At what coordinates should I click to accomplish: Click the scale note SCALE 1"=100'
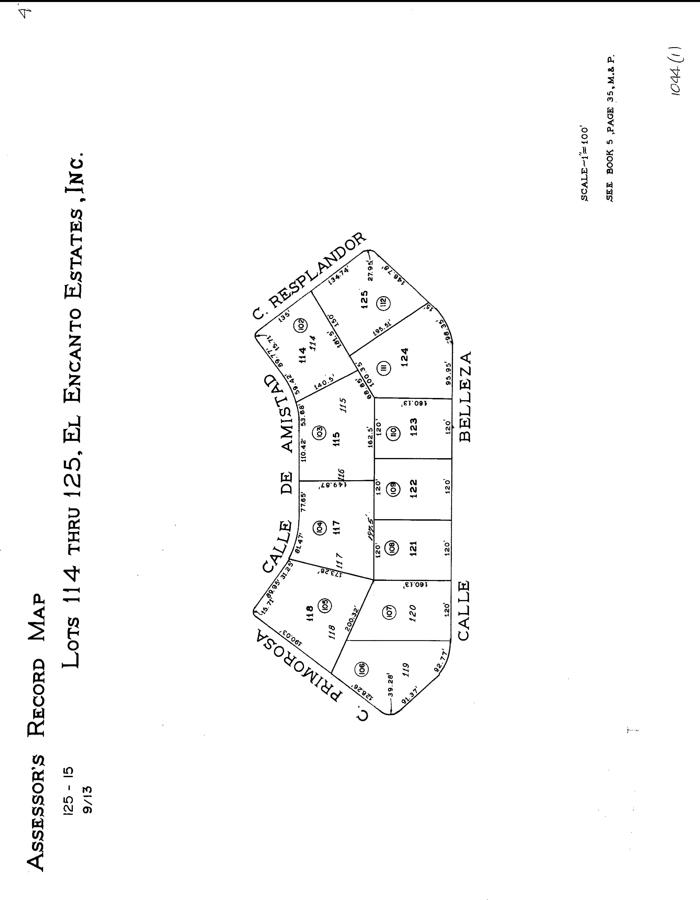(x=585, y=164)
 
